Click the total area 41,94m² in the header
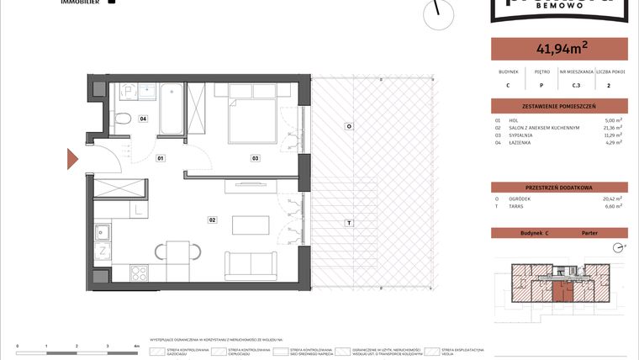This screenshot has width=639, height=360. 558,49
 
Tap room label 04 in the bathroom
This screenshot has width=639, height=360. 144,119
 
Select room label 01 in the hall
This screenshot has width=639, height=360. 160,157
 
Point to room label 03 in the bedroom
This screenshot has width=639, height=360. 254,157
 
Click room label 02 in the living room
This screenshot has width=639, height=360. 213,220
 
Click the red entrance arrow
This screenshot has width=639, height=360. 73,157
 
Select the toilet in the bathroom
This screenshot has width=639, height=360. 122,118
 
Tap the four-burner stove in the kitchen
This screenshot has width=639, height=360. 140,273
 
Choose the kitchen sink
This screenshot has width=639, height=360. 103,230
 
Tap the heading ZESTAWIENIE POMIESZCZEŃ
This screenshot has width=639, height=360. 558,107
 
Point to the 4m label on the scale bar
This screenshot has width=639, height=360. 136,346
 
